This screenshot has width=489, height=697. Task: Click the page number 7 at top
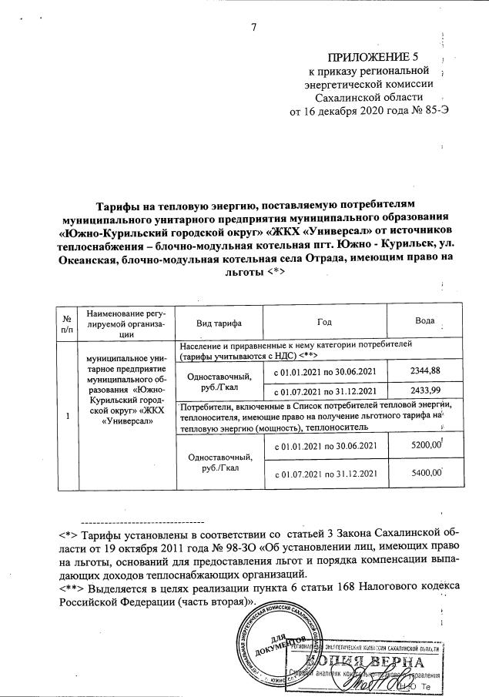click(x=253, y=28)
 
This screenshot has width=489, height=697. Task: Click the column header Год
click(x=324, y=320)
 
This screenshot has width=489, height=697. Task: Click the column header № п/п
click(x=68, y=320)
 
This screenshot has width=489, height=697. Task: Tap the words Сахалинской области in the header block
click(x=369, y=97)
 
